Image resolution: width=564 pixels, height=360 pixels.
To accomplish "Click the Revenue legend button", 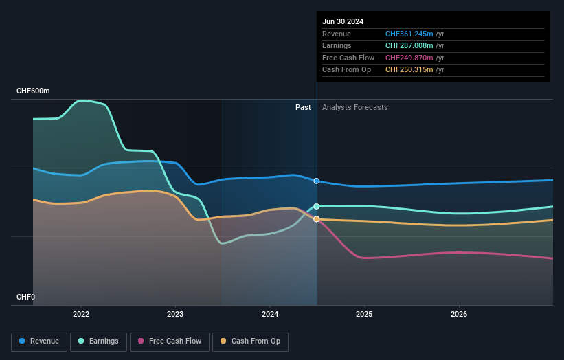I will (x=40, y=341).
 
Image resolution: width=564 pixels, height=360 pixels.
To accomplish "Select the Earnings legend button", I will (x=98, y=341).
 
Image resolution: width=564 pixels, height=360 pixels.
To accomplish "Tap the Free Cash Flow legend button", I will (x=169, y=341).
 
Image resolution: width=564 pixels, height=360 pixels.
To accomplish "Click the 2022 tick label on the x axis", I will (x=81, y=314).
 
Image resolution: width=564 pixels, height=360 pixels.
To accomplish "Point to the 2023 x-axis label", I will (x=175, y=314).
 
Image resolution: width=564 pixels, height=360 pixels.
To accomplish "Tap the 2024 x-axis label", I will (x=270, y=314).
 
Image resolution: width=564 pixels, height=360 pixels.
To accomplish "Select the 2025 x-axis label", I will (x=364, y=314).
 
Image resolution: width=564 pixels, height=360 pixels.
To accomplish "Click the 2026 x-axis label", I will (x=459, y=314).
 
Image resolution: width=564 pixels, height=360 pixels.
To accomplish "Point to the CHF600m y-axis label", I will (x=34, y=91).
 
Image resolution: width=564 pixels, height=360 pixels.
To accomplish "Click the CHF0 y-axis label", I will (x=25, y=297).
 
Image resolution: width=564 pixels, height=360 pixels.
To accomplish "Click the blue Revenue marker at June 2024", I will (x=317, y=181).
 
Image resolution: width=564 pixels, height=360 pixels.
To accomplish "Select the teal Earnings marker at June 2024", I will (x=317, y=206).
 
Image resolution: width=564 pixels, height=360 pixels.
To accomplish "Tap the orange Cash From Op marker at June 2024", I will (x=317, y=219).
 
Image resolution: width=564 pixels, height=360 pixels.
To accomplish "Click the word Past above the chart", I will (x=303, y=107).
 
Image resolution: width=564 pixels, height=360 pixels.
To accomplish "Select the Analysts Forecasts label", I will (x=354, y=107).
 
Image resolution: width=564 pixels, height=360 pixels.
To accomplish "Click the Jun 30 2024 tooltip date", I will (x=343, y=21).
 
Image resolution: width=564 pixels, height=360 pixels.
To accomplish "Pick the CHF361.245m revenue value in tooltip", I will (x=410, y=34).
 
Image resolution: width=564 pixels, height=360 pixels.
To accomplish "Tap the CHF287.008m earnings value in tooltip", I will (x=410, y=46).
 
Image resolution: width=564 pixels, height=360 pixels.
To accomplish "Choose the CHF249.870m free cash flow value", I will (x=410, y=58).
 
